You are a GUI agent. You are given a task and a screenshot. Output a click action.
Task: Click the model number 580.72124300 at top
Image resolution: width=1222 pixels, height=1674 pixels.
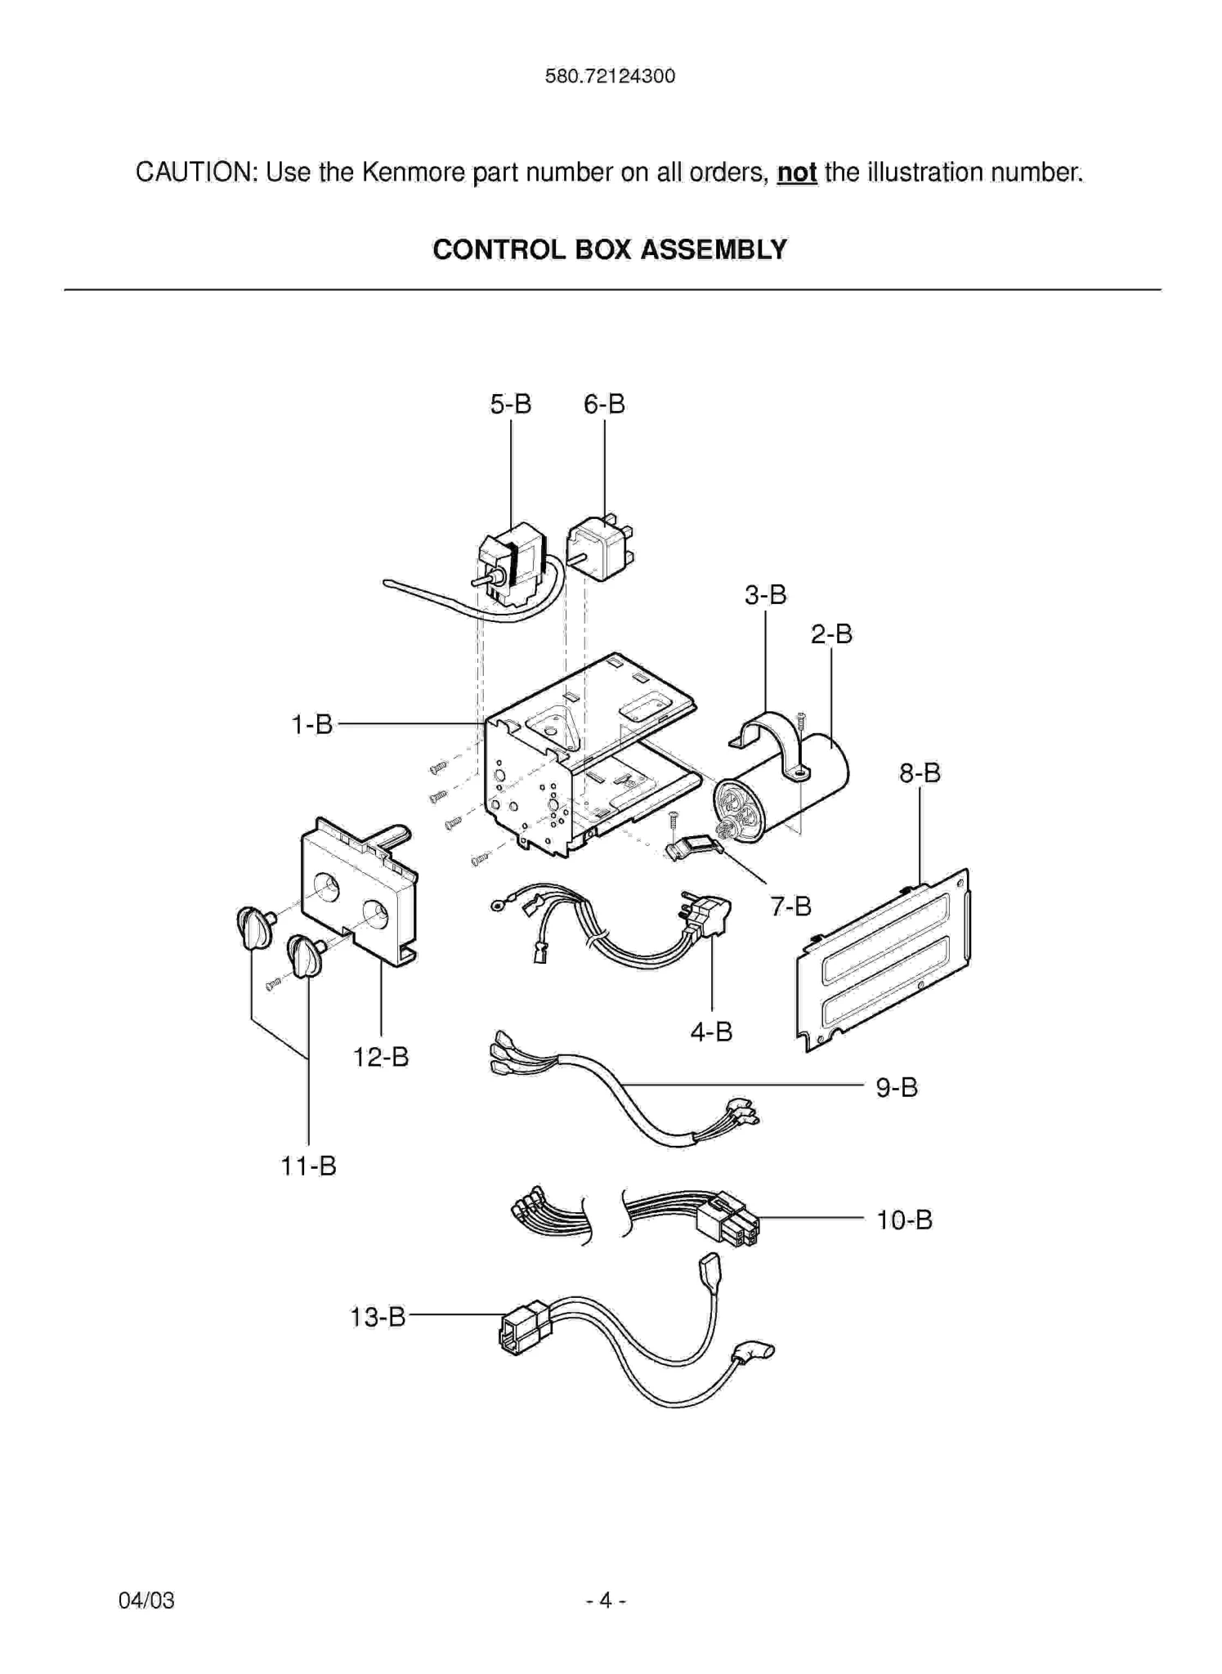click(610, 77)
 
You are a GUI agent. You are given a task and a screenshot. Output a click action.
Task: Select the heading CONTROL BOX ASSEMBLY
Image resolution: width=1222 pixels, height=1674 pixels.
click(610, 249)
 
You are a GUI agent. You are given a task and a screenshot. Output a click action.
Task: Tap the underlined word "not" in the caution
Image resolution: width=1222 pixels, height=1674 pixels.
click(797, 172)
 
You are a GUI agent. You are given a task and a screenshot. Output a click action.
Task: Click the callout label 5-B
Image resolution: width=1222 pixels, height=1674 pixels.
click(511, 404)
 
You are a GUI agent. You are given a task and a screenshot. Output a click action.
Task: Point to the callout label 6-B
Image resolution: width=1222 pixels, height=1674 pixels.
click(604, 404)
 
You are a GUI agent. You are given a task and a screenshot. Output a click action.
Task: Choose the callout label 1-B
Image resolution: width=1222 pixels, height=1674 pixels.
click(312, 724)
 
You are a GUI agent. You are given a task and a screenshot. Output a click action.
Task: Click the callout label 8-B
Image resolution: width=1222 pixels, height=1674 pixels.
click(920, 772)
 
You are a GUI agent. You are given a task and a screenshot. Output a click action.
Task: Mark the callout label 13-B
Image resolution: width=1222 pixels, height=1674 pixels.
click(378, 1317)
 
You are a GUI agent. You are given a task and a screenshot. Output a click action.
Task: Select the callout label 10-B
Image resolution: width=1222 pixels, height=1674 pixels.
click(904, 1220)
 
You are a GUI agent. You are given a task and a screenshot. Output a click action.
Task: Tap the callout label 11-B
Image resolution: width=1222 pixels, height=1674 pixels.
click(308, 1166)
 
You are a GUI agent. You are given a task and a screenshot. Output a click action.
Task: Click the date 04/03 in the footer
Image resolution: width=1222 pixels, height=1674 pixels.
click(146, 1600)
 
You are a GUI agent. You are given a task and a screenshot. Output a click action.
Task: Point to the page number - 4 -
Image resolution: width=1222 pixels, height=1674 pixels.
click(606, 1600)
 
